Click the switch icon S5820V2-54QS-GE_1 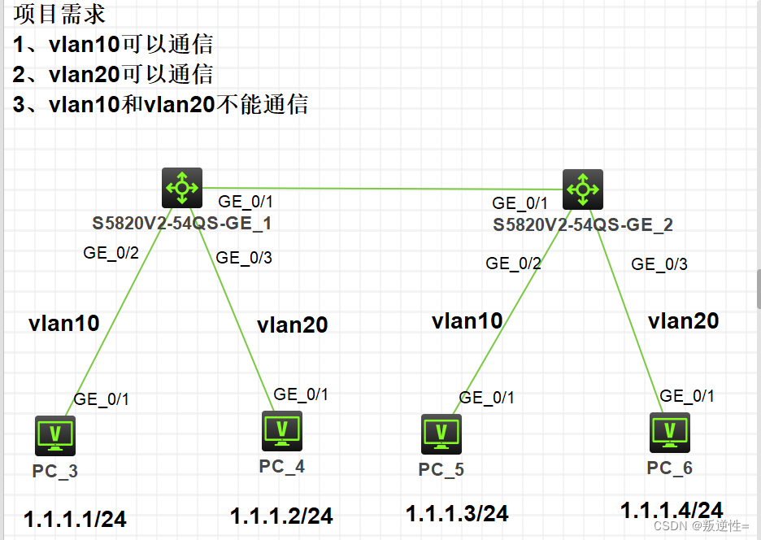[181, 189]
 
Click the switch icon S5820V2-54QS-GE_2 [583, 189]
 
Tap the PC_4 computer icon [281, 431]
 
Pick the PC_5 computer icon [441, 434]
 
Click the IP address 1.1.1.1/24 [75, 519]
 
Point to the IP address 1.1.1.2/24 [281, 516]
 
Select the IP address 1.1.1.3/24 [457, 513]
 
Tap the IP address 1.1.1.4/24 [672, 510]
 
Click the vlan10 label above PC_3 [64, 324]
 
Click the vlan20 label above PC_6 [683, 321]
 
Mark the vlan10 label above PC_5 [467, 320]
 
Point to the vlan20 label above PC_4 [292, 325]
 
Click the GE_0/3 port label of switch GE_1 [244, 258]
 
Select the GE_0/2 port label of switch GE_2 [513, 263]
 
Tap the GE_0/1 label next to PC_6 [687, 396]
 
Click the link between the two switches [382, 189]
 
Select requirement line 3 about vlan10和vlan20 [161, 104]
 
